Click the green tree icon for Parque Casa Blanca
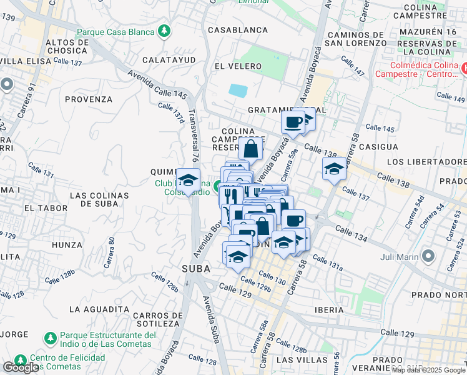[164, 31]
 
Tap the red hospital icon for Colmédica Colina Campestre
[463, 65]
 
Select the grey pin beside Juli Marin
[428, 256]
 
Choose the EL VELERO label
[235, 65]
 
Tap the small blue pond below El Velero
[238, 91]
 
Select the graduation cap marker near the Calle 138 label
[334, 168]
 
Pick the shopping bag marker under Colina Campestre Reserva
[250, 149]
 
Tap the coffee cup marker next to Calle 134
[294, 220]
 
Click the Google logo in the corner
[21, 367]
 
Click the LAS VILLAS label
[302, 360]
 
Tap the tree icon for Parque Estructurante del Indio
[49, 338]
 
